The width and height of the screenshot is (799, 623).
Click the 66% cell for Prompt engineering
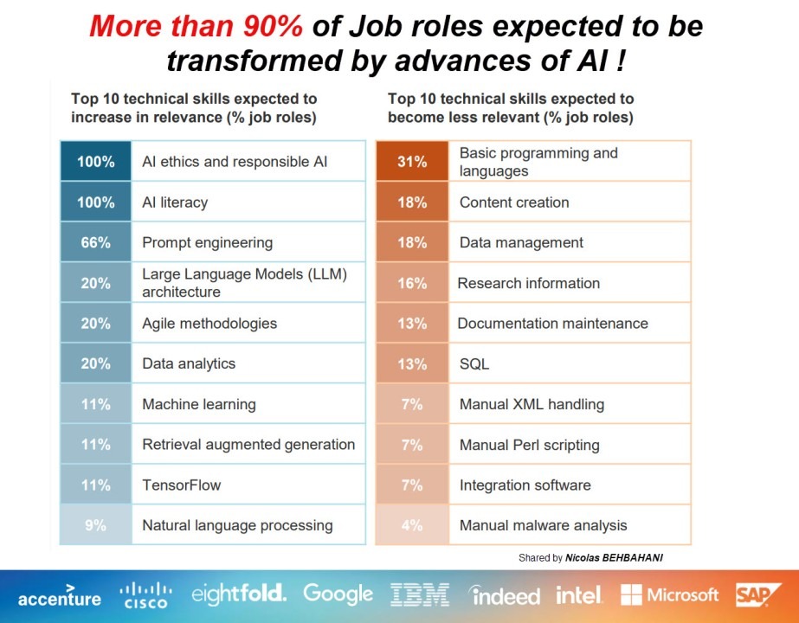point(95,243)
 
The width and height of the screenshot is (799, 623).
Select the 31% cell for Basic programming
point(412,162)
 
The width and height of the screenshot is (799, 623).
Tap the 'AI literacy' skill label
point(175,202)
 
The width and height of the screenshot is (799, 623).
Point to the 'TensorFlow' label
point(182,485)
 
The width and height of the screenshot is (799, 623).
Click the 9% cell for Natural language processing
point(95,525)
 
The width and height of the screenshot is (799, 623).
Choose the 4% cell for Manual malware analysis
point(412,525)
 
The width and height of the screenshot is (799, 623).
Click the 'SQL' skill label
point(474,364)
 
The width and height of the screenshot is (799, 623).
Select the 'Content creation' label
point(514,202)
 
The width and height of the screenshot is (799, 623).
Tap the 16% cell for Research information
point(412,283)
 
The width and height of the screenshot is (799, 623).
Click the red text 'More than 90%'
point(197,27)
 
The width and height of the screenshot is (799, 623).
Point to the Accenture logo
point(59,597)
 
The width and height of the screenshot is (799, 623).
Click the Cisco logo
point(146,595)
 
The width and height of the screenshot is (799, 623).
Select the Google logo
point(338,594)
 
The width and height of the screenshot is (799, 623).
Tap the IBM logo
point(420,595)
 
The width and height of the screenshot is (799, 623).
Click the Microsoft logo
point(670,595)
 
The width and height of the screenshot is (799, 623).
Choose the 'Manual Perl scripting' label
point(529,445)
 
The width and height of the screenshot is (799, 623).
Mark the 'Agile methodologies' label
point(209,324)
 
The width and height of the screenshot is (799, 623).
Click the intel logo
point(579,595)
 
